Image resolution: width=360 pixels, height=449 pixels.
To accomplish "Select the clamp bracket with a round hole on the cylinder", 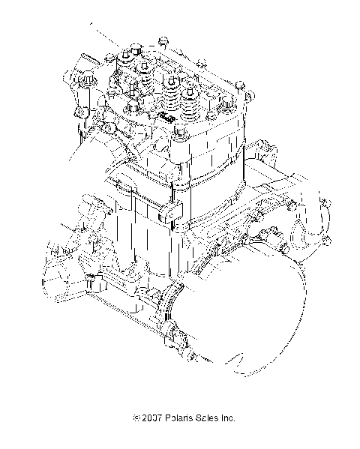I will coord(172,217).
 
